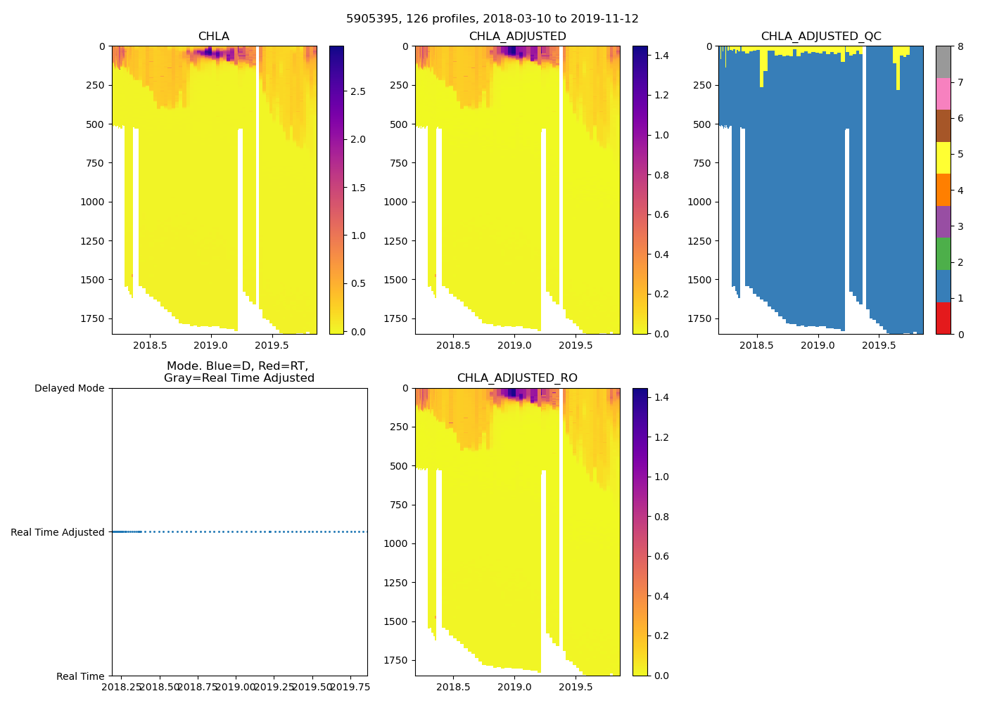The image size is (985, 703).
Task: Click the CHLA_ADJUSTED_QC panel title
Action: click(x=821, y=37)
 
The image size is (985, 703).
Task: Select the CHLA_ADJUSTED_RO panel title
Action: click(x=517, y=378)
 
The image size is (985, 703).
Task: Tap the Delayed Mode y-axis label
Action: click(x=69, y=389)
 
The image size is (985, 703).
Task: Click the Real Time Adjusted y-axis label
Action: click(x=58, y=533)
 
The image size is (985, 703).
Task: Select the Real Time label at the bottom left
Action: click(x=80, y=677)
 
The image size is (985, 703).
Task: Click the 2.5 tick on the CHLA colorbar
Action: click(x=358, y=92)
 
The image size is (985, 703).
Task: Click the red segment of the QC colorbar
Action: click(x=943, y=318)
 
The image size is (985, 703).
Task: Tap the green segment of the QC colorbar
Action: click(x=943, y=254)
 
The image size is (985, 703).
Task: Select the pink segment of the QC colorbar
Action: click(x=943, y=93)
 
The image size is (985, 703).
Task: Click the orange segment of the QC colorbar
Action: click(x=943, y=190)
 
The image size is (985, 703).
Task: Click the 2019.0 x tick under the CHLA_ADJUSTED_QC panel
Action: click(x=818, y=346)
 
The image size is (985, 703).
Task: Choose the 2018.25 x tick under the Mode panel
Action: click(x=122, y=687)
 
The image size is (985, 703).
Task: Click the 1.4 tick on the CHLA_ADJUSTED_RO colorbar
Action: click(x=661, y=398)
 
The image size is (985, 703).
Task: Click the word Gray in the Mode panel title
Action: click(x=178, y=378)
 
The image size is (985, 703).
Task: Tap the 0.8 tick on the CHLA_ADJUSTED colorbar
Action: click(x=661, y=175)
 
